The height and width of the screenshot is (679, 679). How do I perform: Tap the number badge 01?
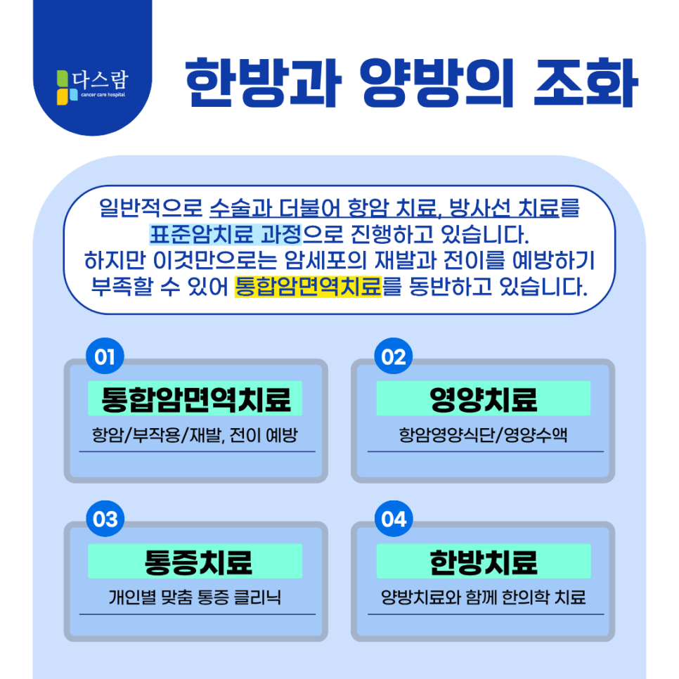(105, 357)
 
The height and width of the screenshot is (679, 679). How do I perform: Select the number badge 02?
(394, 357)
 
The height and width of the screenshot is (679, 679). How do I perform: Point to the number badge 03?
(105, 519)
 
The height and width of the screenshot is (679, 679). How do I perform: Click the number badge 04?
(394, 519)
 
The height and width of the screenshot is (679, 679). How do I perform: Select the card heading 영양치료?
(483, 399)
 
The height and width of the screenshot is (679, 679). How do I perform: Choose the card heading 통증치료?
(195, 562)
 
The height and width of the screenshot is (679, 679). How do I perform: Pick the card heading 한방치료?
(483, 562)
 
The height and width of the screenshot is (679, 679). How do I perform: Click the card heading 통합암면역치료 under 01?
(195, 399)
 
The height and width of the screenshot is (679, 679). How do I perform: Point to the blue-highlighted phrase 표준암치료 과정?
(225, 233)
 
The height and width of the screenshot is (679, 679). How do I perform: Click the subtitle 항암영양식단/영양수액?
(483, 436)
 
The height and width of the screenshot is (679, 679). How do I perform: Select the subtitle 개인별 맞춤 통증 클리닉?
(195, 598)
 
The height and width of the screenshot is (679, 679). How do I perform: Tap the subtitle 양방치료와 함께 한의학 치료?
(483, 598)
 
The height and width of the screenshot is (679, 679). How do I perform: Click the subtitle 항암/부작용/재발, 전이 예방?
(195, 436)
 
